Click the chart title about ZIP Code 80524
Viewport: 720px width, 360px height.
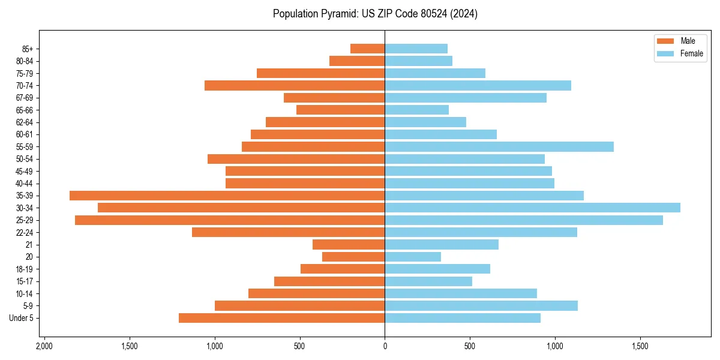375,14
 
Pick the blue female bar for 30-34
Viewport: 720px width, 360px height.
532,208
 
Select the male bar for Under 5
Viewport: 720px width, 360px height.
281,318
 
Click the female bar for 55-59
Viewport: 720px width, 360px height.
499,146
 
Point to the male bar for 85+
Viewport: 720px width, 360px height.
367,49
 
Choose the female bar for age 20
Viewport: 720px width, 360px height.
413,257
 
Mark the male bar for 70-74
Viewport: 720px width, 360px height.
295,85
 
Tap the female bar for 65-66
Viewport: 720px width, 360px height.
416,110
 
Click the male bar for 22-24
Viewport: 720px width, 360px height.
288,232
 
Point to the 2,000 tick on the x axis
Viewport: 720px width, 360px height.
44,347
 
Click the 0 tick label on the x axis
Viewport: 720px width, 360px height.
385,347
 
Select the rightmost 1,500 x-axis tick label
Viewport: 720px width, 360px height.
640,347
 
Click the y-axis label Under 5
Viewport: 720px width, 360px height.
22,318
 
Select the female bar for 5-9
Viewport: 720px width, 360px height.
481,306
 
